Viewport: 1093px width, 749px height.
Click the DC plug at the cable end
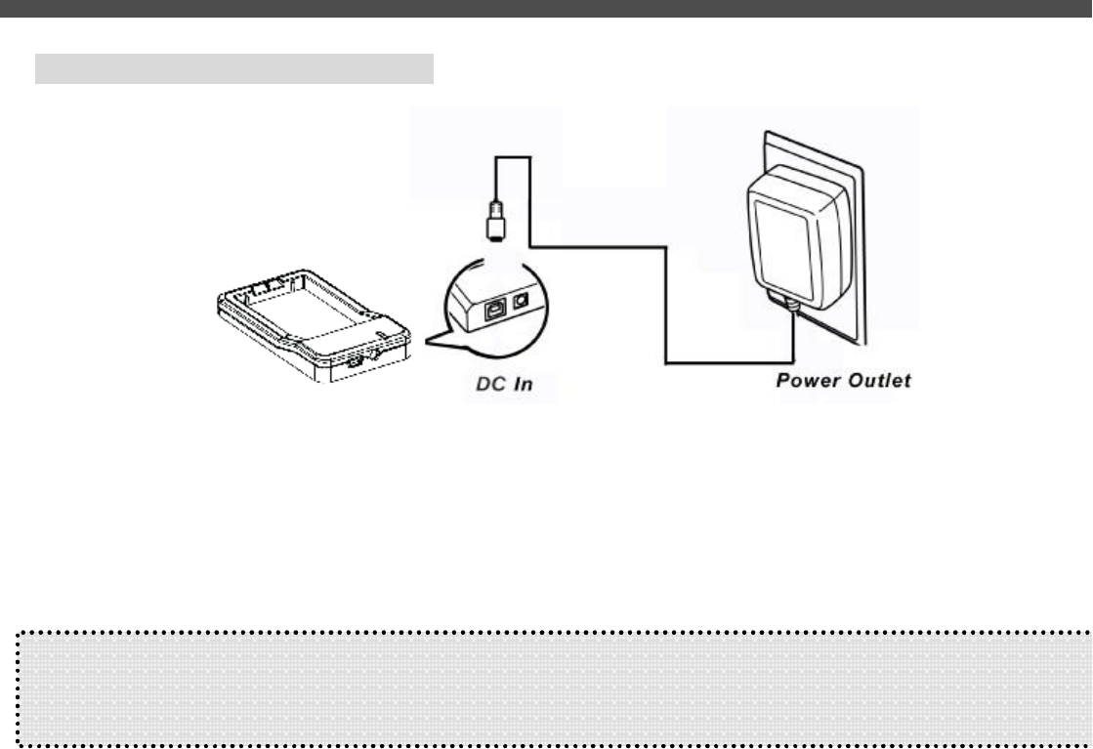[x=495, y=222]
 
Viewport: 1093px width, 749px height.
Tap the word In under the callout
[x=524, y=385]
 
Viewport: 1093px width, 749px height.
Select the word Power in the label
[x=808, y=380]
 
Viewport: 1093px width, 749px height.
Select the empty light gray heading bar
[x=233, y=69]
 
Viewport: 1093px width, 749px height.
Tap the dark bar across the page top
[x=546, y=8]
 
